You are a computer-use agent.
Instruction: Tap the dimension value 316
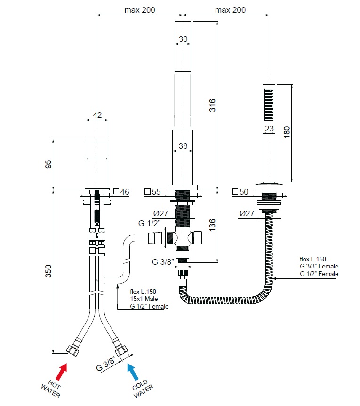[x=212, y=105]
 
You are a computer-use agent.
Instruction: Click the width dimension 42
[x=97, y=115]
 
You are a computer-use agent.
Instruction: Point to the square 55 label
[x=152, y=192]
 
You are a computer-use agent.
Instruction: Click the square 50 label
[x=240, y=192]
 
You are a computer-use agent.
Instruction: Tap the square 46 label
[x=121, y=192]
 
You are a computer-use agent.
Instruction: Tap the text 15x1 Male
[x=144, y=299]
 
